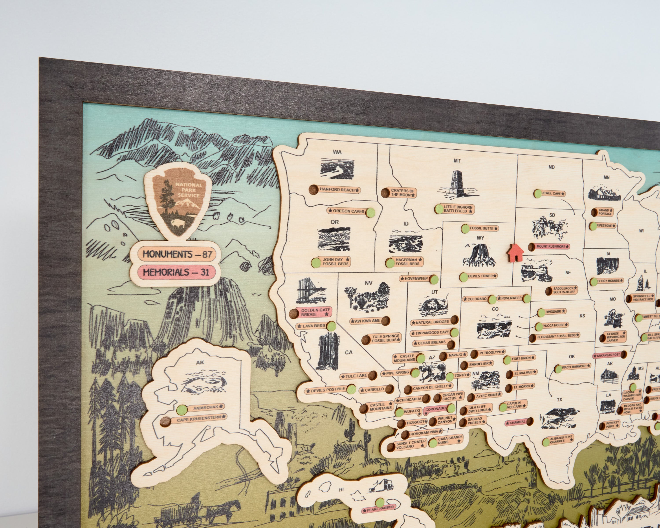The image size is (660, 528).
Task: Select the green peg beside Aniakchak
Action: [x=182, y=409]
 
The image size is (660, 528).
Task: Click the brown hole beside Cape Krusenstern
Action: [x=166, y=422]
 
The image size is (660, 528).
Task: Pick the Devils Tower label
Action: [x=480, y=276]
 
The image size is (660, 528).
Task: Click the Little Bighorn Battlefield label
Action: [x=458, y=209]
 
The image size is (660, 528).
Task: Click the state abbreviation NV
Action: [x=368, y=283]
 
